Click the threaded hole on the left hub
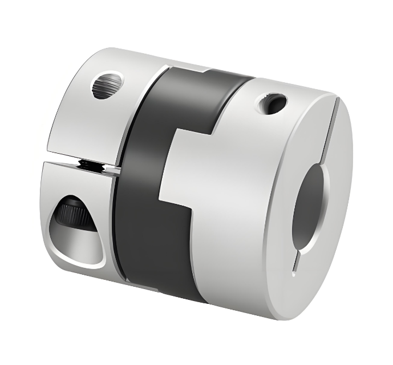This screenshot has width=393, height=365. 107,85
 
